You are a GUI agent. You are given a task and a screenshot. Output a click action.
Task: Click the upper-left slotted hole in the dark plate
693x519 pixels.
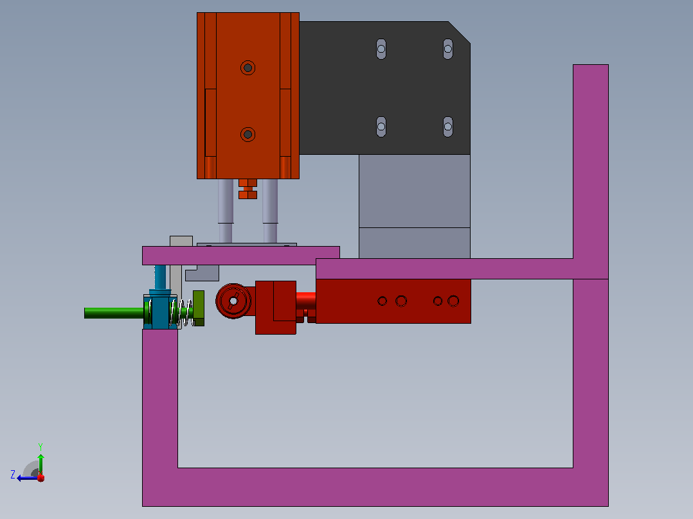coord(381,49)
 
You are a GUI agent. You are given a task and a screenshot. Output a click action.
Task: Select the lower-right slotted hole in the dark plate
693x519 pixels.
coord(447,127)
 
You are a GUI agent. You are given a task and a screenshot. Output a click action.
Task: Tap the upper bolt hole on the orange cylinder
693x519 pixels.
coord(248,67)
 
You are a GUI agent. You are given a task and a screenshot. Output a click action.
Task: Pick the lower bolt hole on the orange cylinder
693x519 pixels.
coord(248,134)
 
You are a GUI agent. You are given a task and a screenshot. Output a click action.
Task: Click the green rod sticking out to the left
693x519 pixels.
coord(114,313)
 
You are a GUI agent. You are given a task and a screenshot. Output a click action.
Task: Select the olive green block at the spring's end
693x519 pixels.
coord(199,308)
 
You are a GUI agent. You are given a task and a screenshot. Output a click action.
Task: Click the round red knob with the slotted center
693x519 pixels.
coord(233,301)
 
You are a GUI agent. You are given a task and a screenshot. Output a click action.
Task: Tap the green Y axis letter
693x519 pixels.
coord(40,447)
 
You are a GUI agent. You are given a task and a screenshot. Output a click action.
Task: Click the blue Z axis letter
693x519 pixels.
coord(13,475)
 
